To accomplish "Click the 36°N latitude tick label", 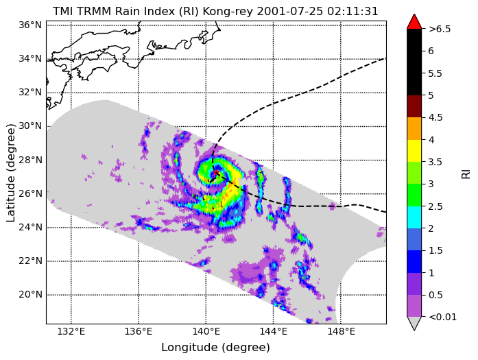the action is pos(30,25).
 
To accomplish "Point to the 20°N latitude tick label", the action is pos(30,295).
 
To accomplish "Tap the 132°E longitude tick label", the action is pos(71,331).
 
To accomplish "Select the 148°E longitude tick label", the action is pos(341,331).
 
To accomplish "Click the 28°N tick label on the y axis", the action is pos(30,160).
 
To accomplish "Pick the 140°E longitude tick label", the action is pos(206,331).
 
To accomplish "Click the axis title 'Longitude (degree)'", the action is pos(215,348).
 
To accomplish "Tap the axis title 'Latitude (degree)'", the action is pos(11,173).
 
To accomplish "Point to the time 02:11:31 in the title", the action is pos(352,11).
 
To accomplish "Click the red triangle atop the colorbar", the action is pos(414,22).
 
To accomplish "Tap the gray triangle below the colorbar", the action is pos(414,324).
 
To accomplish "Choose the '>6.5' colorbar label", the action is pos(440,29).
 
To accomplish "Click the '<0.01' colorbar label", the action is pos(442,317).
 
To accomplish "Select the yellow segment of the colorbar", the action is pos(414,151).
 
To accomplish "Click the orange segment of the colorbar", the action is pos(414,128).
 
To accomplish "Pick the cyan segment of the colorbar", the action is pos(414,217).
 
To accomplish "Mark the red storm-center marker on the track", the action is pos(216,173).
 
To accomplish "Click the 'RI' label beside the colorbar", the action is pos(466,174).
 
